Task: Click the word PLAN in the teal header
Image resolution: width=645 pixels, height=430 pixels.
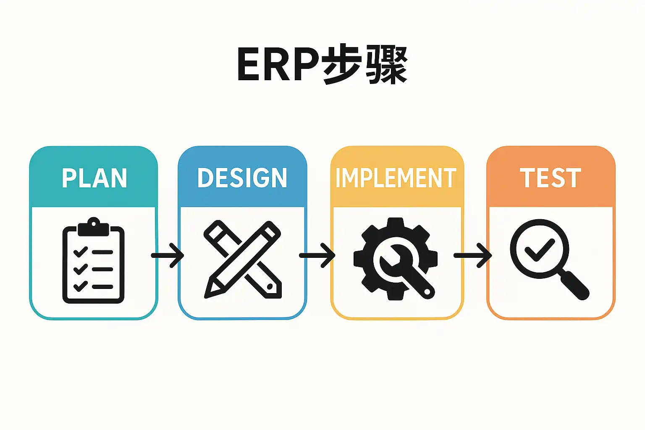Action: click(x=94, y=178)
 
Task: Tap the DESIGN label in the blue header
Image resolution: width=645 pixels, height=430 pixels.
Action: click(x=242, y=178)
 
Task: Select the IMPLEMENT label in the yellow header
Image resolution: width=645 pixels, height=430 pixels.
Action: click(x=396, y=178)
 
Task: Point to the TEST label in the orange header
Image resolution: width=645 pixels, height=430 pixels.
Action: click(x=551, y=178)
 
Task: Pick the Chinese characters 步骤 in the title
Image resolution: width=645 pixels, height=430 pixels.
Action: click(x=365, y=66)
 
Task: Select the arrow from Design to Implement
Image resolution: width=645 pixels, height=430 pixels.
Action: click(x=317, y=255)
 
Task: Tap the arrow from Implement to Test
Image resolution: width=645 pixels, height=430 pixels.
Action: click(x=473, y=255)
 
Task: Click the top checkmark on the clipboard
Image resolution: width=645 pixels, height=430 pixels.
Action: click(x=80, y=252)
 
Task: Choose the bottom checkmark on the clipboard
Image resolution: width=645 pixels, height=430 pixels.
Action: click(x=80, y=287)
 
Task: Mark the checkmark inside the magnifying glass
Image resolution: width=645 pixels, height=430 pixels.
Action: click(x=540, y=249)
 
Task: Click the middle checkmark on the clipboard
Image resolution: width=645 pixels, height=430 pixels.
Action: click(x=80, y=269)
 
